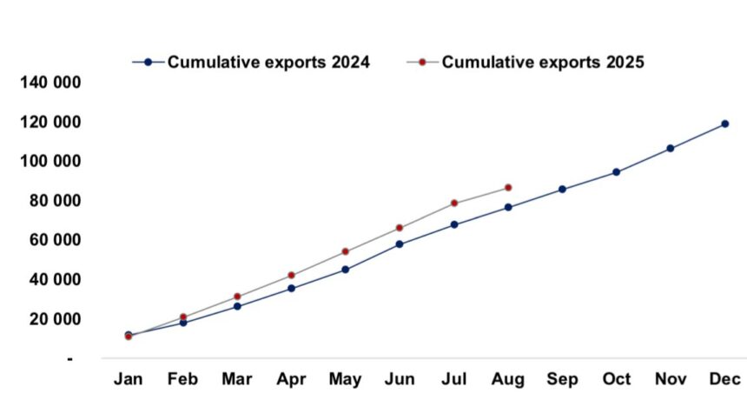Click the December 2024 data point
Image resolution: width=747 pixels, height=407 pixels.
point(724,123)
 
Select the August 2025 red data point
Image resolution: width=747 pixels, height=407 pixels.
point(508,187)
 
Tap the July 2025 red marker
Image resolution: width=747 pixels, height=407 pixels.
point(453,203)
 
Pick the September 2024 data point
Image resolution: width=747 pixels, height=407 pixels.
point(562,189)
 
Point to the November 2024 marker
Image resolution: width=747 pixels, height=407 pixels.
point(670,148)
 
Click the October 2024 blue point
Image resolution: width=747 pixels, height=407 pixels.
point(616,172)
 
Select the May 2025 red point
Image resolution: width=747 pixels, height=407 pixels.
point(345,251)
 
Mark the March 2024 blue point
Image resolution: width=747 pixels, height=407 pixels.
point(237,306)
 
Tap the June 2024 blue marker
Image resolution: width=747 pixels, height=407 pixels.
point(400,244)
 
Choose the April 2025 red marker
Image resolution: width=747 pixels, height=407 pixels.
point(291,275)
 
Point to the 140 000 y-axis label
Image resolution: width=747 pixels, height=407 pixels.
point(50,83)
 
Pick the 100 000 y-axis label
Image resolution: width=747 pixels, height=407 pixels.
point(50,162)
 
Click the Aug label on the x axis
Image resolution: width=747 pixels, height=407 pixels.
point(508,380)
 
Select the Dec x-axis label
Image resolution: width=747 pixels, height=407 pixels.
point(724,380)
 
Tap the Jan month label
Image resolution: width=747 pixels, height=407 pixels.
point(129,380)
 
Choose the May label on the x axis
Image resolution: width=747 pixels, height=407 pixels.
point(345,380)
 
